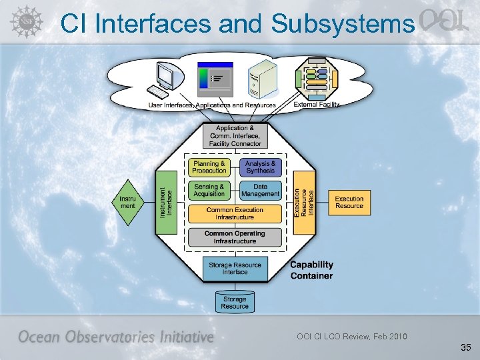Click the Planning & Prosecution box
coord(209,167)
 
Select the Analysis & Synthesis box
coord(260,167)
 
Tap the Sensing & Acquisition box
coord(209,190)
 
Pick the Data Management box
coord(260,190)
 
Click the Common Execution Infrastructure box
coord(235,213)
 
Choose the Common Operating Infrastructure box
coord(235,237)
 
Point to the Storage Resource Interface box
coord(235,268)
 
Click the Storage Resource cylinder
coord(235,302)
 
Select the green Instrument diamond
coord(127,202)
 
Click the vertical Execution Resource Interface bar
coord(305,202)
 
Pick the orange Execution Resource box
coord(349,202)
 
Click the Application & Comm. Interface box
coord(235,135)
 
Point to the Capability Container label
coord(311,270)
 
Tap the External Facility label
coord(317,105)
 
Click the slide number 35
coord(465,347)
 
